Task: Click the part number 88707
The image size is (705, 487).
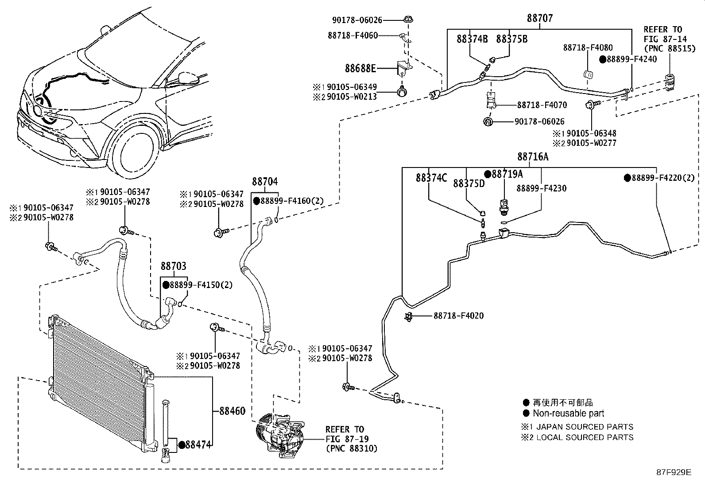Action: [540, 18]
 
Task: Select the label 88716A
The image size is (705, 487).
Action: [533, 156]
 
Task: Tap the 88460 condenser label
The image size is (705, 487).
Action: [232, 411]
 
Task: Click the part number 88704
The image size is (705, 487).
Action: [265, 181]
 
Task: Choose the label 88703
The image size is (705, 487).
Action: [174, 266]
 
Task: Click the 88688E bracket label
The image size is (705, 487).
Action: [360, 68]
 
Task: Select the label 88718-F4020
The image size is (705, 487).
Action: [459, 316]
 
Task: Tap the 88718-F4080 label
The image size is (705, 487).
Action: [588, 47]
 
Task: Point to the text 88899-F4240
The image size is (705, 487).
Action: [631, 59]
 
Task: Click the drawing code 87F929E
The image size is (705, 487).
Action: [674, 472]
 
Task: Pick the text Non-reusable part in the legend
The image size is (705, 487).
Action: [569, 413]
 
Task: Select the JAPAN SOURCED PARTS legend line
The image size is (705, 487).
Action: [585, 427]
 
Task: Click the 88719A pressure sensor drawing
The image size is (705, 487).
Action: [504, 207]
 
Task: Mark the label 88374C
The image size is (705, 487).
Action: [431, 178]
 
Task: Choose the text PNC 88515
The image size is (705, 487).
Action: [670, 48]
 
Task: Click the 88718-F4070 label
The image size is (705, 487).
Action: [542, 105]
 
